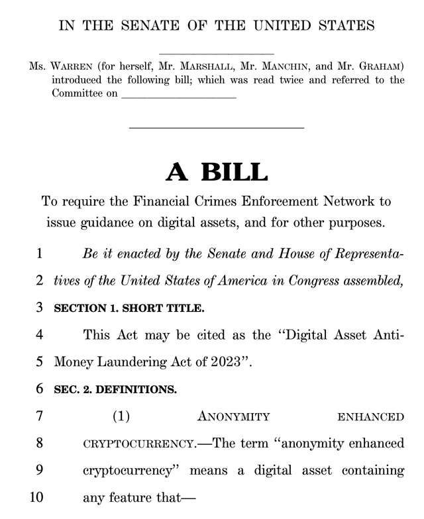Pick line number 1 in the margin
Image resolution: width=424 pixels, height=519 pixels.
[x=40, y=253]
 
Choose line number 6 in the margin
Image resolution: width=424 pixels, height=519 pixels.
[x=40, y=389]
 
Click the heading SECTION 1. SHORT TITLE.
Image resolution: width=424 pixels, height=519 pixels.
[x=129, y=307]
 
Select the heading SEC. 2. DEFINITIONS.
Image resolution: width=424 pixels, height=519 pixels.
[x=115, y=389]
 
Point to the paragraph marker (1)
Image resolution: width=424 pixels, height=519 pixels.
[x=120, y=416]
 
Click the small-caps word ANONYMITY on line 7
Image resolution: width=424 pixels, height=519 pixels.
[x=233, y=417]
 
